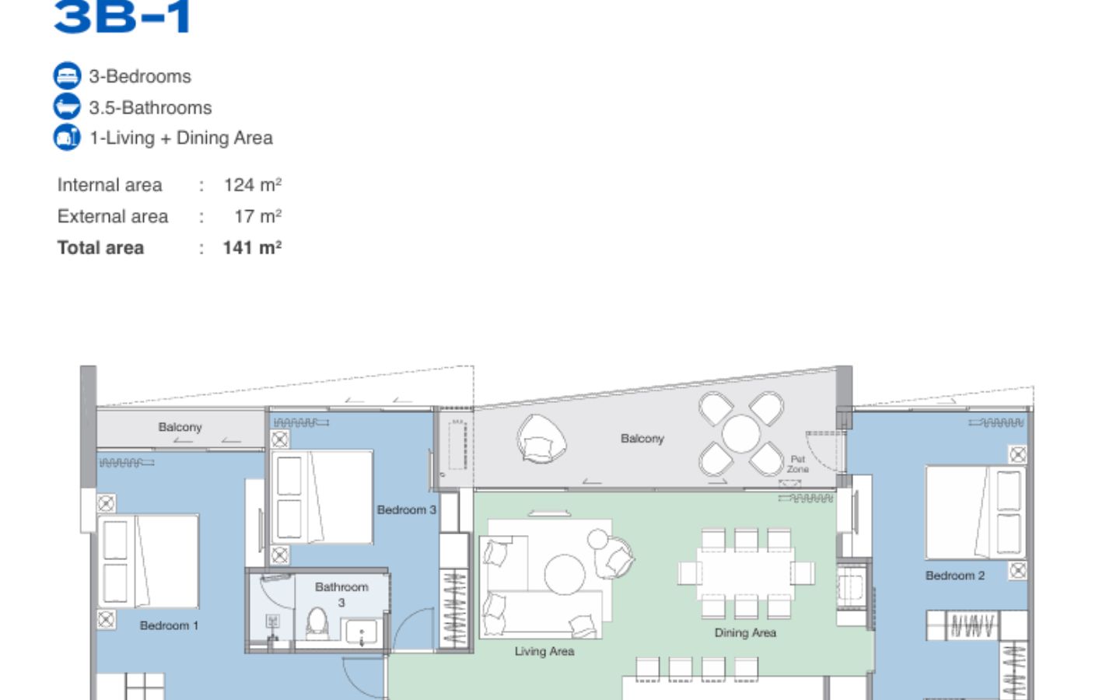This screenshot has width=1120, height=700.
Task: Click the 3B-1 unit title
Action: (123, 16)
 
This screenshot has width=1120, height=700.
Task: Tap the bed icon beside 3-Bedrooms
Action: (67, 76)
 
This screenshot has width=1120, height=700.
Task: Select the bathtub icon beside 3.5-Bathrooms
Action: (67, 107)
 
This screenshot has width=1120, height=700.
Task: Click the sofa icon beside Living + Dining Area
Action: (67, 137)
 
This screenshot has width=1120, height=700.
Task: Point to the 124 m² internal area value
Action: (253, 185)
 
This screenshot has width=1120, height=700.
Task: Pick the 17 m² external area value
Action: (258, 216)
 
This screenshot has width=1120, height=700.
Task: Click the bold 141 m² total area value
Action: (252, 248)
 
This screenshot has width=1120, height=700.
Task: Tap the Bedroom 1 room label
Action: (169, 625)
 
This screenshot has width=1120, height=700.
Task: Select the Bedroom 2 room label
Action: (955, 576)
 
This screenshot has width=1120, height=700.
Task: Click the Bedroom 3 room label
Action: (407, 510)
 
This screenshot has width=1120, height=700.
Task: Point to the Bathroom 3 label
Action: (342, 594)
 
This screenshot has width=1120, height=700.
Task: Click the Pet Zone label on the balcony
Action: (798, 464)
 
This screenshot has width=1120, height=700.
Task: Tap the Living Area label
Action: (544, 652)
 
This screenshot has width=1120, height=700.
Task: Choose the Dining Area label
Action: (745, 633)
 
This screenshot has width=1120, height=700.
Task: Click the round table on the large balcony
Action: (741, 433)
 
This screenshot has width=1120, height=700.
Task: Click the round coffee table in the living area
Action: (565, 575)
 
